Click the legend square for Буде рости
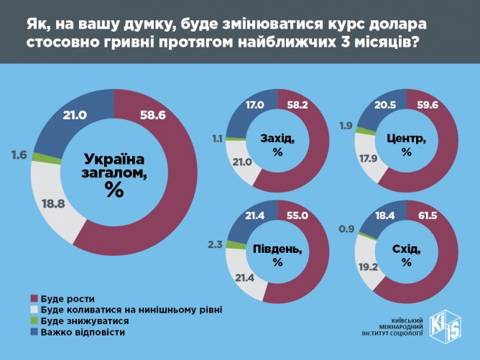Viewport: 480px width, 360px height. (34, 298)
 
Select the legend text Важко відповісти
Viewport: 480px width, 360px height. (83, 333)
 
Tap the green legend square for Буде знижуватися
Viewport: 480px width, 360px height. (34, 321)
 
